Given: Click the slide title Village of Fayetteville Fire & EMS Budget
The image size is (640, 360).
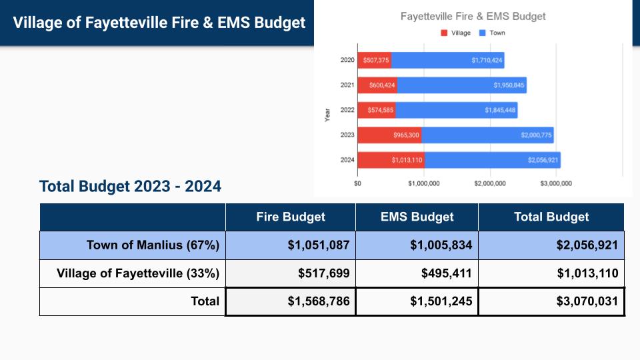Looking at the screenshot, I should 159,23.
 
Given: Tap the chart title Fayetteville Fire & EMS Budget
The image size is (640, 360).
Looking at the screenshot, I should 473,16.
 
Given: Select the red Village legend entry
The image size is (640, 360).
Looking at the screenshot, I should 455,33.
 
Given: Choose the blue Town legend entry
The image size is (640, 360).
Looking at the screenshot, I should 492,33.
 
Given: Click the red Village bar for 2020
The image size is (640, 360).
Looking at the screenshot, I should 374,60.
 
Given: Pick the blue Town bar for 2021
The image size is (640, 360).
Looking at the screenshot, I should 461,85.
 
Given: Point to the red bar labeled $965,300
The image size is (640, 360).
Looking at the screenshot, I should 389,135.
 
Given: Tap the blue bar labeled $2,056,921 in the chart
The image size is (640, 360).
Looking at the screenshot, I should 492,160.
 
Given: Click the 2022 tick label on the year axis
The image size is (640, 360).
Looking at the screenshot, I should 347,110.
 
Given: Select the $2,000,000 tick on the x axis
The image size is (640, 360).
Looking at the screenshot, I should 489,183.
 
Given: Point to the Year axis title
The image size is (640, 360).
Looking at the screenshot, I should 327,114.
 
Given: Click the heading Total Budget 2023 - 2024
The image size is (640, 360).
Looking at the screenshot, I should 130,186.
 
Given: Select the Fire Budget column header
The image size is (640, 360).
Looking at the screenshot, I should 291,217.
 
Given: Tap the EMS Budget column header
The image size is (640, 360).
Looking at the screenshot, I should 417,217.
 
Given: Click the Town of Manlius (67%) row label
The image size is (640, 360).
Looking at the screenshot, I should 153,245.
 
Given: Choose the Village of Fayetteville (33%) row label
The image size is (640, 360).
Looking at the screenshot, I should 138,273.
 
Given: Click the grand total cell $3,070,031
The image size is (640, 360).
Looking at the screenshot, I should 587,301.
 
